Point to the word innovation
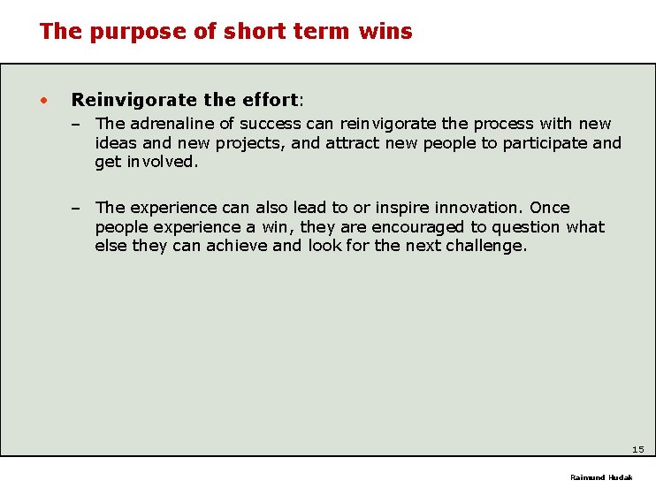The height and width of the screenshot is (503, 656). click(x=480, y=208)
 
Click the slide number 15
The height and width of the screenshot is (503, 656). click(x=637, y=450)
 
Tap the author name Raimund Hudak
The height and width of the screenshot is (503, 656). click(x=601, y=477)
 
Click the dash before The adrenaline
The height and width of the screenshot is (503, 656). click(x=78, y=124)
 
